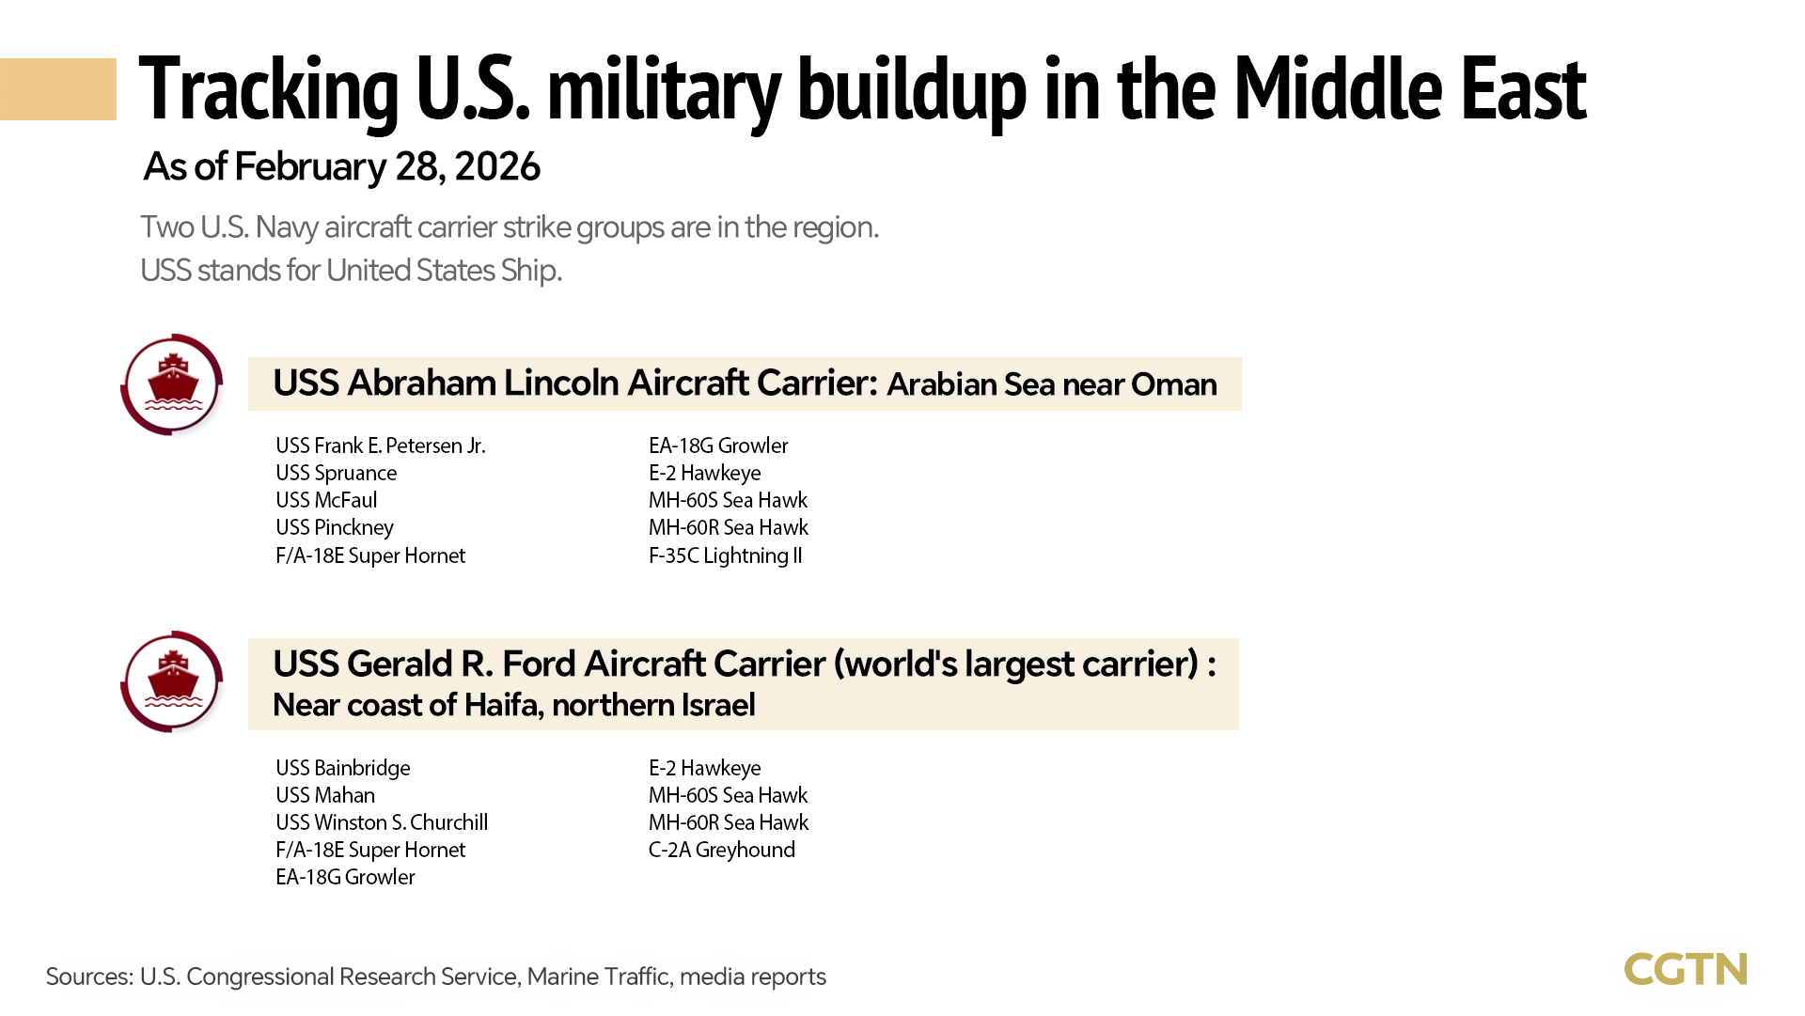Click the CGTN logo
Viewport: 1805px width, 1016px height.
coord(1685,969)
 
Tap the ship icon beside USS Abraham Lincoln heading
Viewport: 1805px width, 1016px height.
coord(172,384)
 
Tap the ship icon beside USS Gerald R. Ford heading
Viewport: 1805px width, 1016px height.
coord(172,681)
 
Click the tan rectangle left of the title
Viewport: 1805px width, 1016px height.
coord(57,89)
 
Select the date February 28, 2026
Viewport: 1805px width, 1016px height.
coord(386,167)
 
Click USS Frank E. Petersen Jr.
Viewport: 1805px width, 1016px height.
coord(380,445)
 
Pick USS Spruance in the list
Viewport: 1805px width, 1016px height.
coord(336,473)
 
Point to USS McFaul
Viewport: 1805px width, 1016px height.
coord(325,500)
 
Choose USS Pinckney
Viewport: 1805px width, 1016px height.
coord(334,527)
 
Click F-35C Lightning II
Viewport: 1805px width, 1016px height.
coord(725,555)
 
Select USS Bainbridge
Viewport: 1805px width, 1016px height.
coord(342,768)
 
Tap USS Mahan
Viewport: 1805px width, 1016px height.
coord(324,795)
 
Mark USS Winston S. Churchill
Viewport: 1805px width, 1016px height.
coord(381,822)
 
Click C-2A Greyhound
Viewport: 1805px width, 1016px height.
coord(721,850)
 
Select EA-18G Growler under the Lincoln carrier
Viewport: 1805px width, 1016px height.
coord(717,445)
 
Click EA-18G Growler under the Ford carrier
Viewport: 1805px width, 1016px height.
coord(344,877)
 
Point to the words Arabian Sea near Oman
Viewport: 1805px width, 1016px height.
coord(1051,384)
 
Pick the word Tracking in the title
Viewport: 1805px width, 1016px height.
coord(269,91)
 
